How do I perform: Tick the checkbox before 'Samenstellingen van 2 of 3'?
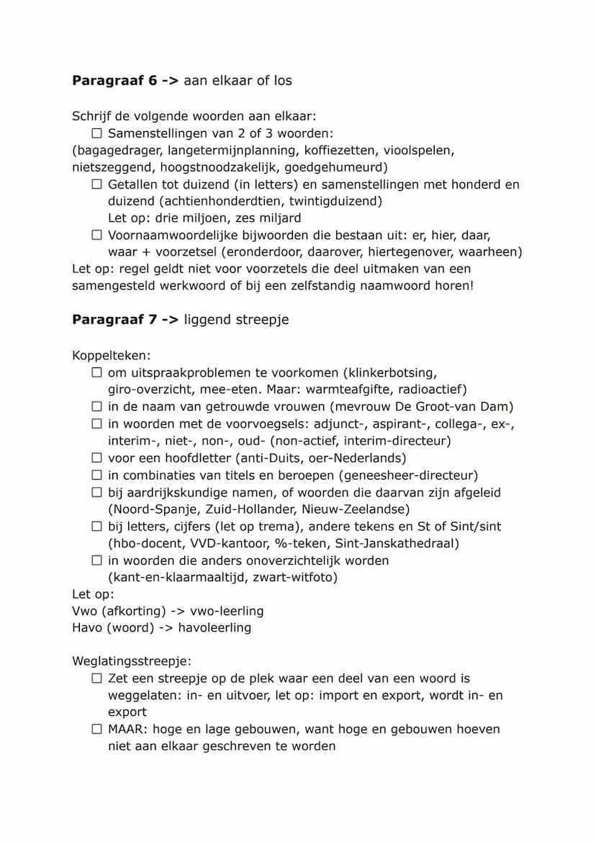(96, 134)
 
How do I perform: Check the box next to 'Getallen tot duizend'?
(96, 184)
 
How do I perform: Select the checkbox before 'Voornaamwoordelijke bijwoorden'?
(96, 235)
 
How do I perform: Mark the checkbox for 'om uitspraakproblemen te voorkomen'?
(96, 373)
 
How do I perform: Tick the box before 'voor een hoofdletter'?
(96, 458)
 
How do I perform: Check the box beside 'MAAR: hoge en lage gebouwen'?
(96, 729)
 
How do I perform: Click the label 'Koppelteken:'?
(112, 356)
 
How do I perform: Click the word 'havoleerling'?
(215, 627)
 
